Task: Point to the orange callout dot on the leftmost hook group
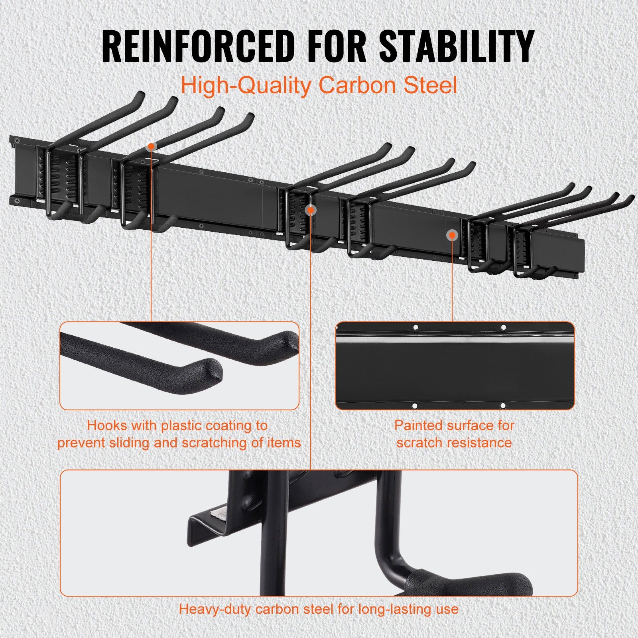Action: (x=151, y=147)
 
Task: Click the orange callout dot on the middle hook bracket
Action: (x=310, y=210)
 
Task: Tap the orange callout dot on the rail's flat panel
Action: (x=452, y=235)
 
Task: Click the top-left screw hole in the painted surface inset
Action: (x=415, y=327)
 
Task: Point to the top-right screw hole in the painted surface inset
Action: (x=503, y=327)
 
